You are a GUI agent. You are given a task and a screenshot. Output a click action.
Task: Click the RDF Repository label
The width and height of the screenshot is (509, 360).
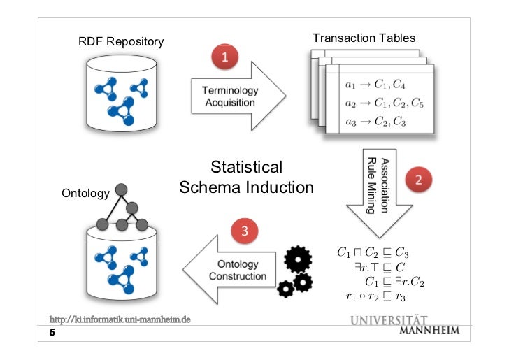120,42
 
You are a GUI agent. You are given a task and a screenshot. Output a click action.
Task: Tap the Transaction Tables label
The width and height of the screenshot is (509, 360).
364,38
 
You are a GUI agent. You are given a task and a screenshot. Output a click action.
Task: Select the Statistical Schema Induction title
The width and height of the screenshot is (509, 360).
247,178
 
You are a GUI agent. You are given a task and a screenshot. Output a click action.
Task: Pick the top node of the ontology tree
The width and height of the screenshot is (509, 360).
121,189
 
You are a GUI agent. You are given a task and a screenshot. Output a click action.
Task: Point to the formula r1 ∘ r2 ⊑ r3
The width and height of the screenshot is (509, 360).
375,297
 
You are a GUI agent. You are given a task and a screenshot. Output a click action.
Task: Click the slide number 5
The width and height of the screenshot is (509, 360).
52,333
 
